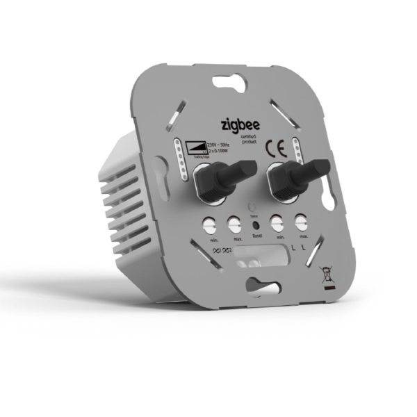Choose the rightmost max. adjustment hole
tap(300, 224)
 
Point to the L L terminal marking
tap(299, 247)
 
